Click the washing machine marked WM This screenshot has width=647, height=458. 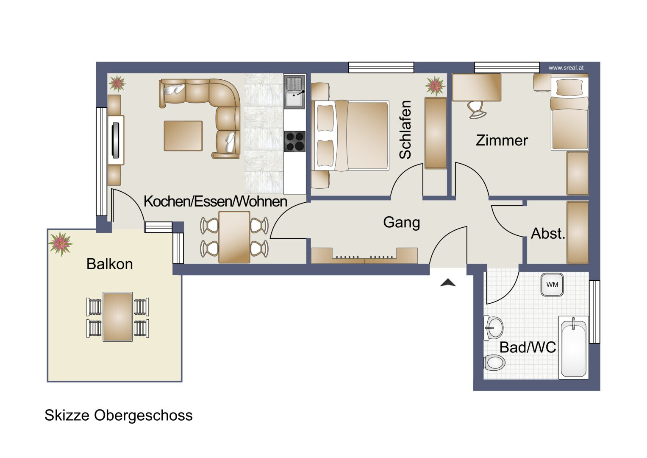click(552, 285)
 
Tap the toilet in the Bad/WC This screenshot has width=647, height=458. click(494, 362)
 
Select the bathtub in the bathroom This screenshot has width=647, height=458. click(573, 348)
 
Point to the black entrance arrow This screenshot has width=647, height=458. click(448, 282)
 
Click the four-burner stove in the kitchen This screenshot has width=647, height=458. click(294, 141)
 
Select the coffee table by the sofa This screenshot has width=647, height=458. click(183, 136)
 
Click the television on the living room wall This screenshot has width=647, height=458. click(116, 140)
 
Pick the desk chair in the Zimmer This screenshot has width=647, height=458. click(477, 109)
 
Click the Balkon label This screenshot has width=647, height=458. click(109, 264)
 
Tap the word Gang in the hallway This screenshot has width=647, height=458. click(402, 223)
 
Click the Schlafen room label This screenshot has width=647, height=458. click(405, 130)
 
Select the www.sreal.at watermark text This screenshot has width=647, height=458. click(566, 68)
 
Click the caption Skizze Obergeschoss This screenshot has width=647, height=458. click(118, 416)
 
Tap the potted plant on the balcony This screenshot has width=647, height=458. click(60, 244)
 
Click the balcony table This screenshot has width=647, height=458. click(118, 317)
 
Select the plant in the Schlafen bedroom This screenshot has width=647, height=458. click(435, 86)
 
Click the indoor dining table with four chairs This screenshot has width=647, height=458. click(234, 237)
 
